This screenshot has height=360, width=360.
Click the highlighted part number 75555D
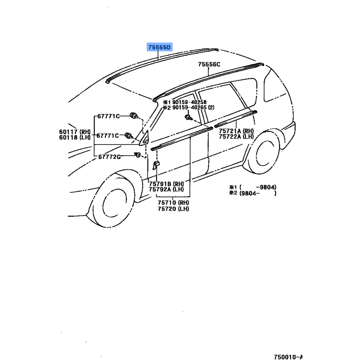pyautogui.click(x=160, y=47)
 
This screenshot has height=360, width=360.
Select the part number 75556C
pyautogui.click(x=209, y=64)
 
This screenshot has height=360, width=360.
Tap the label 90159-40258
pyautogui.click(x=189, y=102)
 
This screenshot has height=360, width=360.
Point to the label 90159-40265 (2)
pyautogui.click(x=193, y=108)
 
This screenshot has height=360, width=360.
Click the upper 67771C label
pyautogui.click(x=108, y=117)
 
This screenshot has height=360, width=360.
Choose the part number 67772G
pyautogui.click(x=109, y=157)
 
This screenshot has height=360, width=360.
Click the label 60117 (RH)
pyautogui.click(x=75, y=132)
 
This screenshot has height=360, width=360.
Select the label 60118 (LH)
pyautogui.click(x=75, y=137)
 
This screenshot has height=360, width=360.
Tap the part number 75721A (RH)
pyautogui.click(x=236, y=131)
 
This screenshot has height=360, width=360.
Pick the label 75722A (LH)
pyautogui.click(x=236, y=137)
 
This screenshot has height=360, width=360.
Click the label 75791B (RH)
pyautogui.click(x=166, y=184)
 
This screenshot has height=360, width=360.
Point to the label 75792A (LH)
pyautogui.click(x=166, y=189)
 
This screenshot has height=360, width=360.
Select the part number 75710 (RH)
pyautogui.click(x=173, y=203)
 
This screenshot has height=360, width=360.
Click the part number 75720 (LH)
pyautogui.click(x=173, y=209)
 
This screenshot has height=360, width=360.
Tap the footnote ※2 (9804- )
pyautogui.click(x=253, y=193)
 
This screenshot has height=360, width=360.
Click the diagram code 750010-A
pyautogui.click(x=288, y=357)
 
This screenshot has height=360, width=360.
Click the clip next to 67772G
pyautogui.click(x=138, y=155)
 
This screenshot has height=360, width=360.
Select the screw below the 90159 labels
pyautogui.click(x=188, y=117)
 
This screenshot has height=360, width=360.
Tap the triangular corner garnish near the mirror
pyautogui.click(x=144, y=139)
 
